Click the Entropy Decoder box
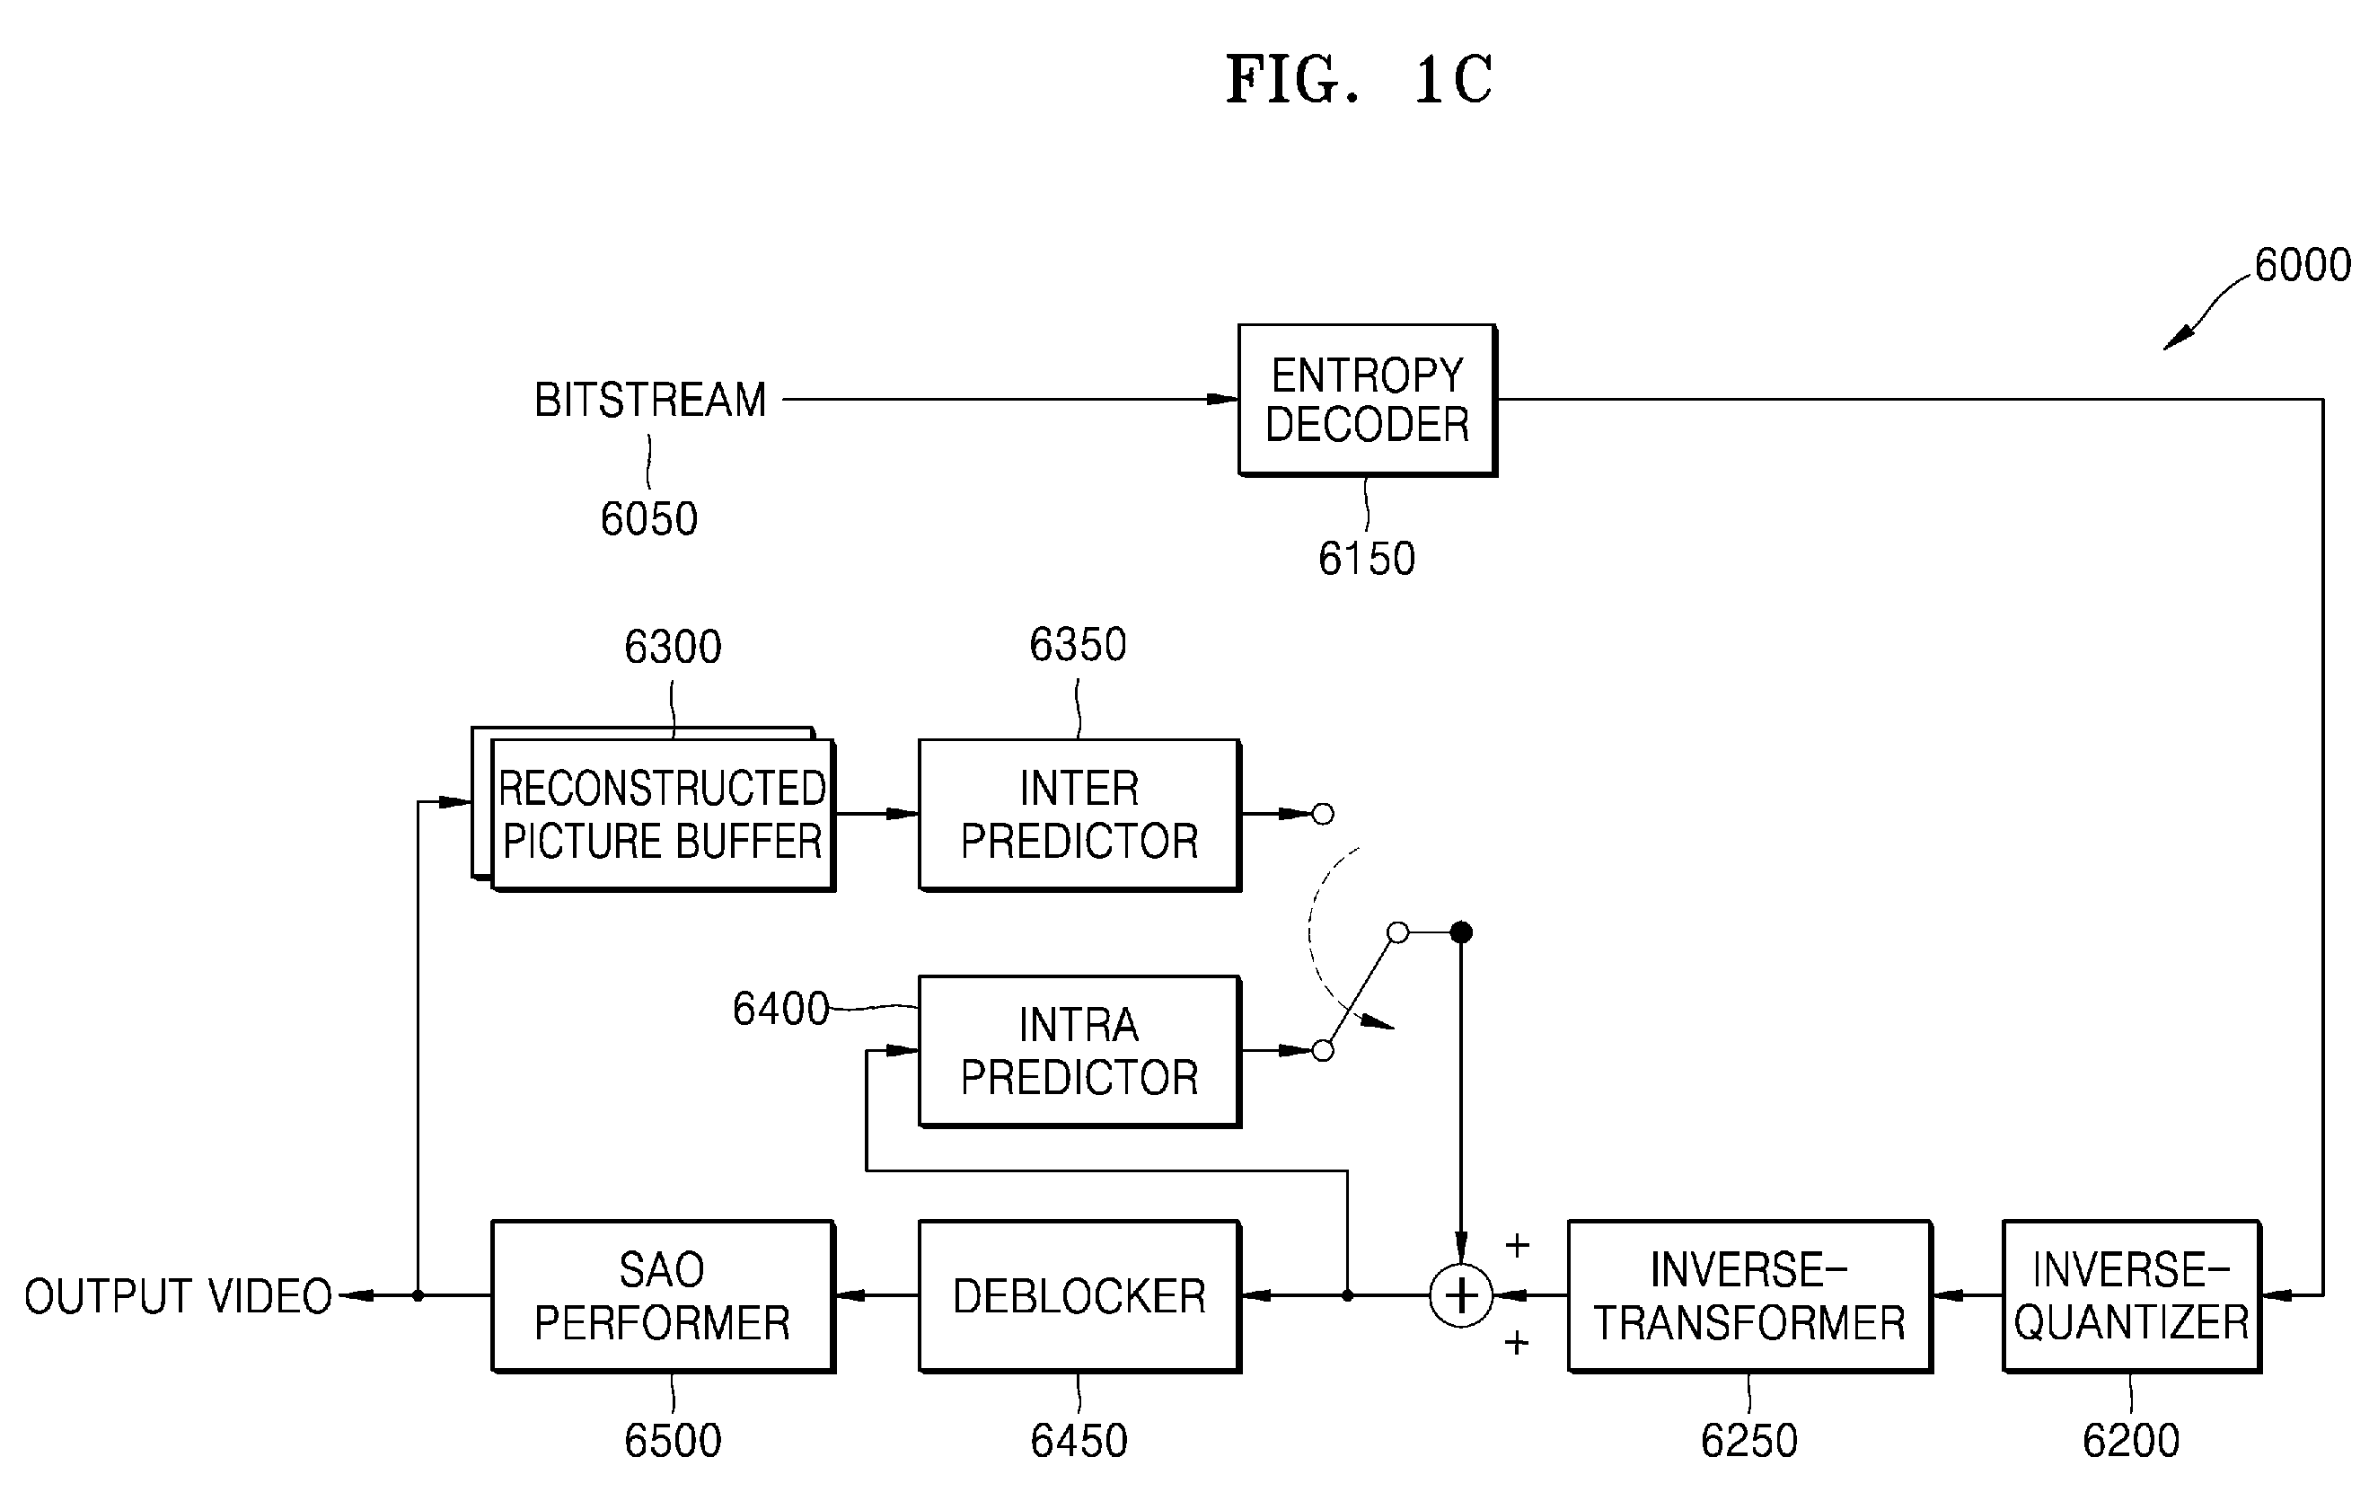tap(1368, 400)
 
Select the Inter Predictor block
tap(1079, 815)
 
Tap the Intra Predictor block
tap(1079, 1051)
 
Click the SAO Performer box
tap(664, 1295)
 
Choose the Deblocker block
tap(1079, 1295)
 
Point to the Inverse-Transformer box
tap(1750, 1295)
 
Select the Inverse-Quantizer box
tap(2132, 1295)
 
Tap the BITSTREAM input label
tap(651, 400)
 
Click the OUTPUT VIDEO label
tap(179, 1295)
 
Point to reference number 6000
tap(2303, 265)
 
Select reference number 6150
tap(1367, 559)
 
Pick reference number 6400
tap(780, 1008)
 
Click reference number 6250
tap(1749, 1441)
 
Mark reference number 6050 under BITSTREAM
tap(648, 518)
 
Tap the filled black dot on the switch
tap(1462, 932)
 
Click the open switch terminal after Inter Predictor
tap(1322, 814)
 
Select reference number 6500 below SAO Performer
tap(673, 1441)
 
